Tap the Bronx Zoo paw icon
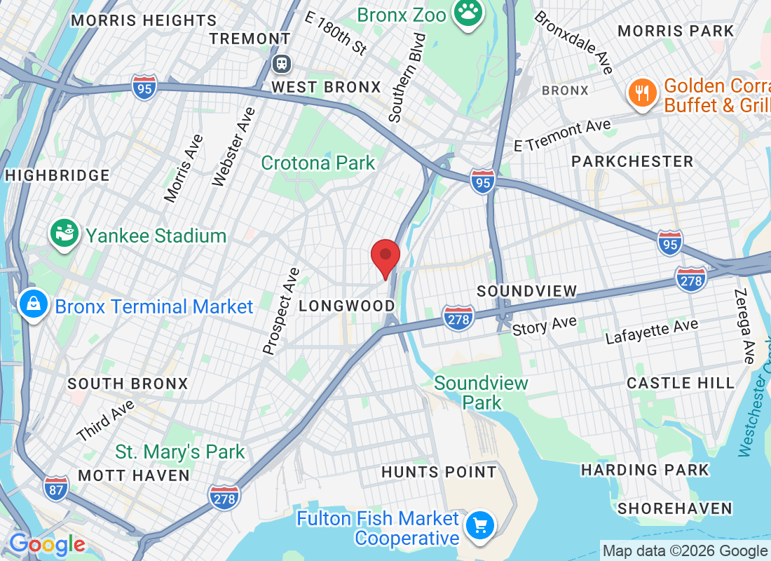465,13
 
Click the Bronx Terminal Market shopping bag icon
33,306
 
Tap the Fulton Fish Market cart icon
480,526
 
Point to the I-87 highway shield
55,488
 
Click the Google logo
47,544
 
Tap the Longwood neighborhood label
347,306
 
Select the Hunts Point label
439,472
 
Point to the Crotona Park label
318,163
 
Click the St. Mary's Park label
180,452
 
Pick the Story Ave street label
544,325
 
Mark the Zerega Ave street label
744,326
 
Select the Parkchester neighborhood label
632,161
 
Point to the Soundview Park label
482,393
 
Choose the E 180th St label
336,32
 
